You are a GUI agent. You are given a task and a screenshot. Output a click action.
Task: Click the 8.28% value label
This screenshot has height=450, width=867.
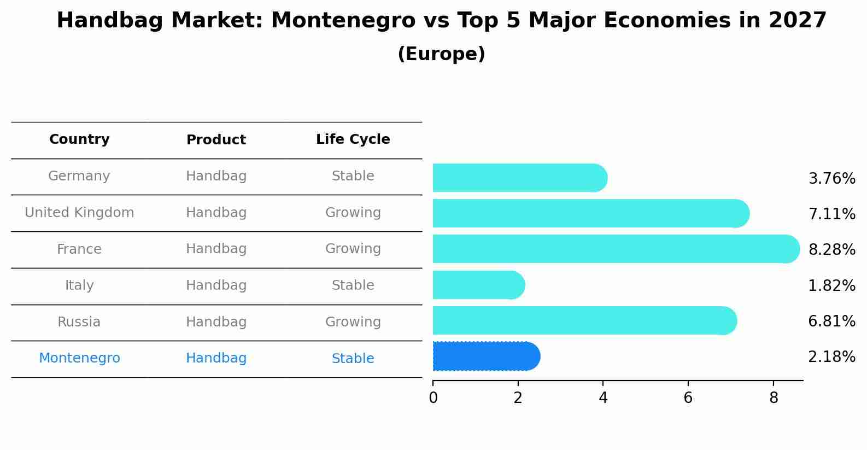831,250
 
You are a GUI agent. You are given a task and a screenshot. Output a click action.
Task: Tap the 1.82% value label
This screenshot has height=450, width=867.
831,285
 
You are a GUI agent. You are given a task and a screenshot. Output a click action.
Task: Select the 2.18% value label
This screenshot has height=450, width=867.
831,357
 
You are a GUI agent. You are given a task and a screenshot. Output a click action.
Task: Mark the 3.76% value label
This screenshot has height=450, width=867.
831,179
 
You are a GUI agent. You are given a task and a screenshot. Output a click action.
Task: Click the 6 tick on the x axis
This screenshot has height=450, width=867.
688,398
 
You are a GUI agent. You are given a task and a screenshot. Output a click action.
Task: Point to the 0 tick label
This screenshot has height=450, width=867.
433,398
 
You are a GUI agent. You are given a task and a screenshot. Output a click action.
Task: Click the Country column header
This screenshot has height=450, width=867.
79,139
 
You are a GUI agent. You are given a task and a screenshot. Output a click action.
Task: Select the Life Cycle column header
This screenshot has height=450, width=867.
353,139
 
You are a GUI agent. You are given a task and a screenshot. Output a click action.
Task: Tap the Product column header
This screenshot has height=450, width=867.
216,140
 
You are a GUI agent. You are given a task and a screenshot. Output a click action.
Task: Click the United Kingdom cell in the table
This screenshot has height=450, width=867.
79,213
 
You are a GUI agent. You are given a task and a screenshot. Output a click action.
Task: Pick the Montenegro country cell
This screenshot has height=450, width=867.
79,358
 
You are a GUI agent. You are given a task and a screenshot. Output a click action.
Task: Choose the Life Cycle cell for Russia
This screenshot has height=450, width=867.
353,322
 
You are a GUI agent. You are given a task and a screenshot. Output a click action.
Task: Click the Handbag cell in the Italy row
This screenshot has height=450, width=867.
216,285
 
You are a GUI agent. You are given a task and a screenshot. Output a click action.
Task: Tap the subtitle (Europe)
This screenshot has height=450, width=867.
441,54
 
